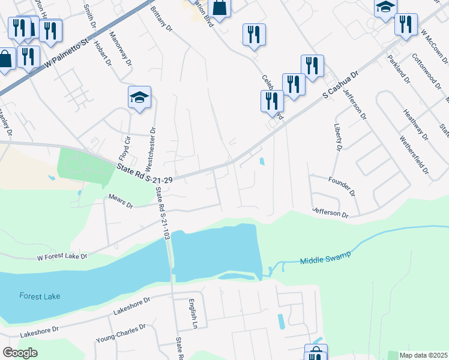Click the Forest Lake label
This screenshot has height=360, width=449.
tap(41, 296)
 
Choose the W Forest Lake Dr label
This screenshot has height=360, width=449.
tap(62, 257)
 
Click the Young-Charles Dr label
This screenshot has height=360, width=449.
tap(121, 335)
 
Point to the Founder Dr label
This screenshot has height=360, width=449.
tap(342, 186)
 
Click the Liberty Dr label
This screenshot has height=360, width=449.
tap(338, 137)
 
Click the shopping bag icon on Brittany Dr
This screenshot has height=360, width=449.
tap(220, 8)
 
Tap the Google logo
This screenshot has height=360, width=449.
tap(20, 353)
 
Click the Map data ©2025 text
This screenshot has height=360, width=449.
tap(424, 355)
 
